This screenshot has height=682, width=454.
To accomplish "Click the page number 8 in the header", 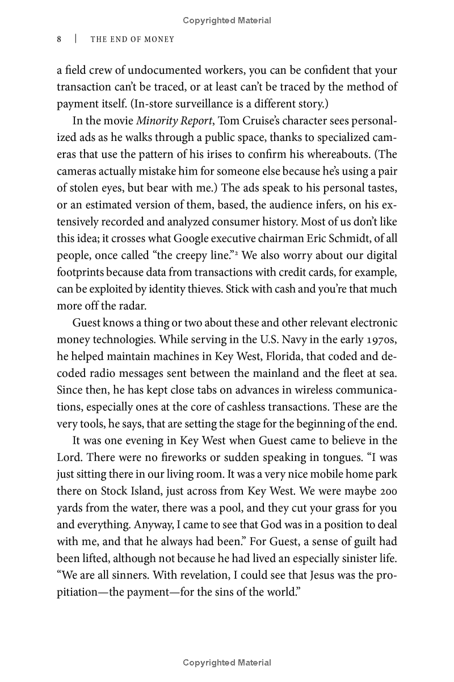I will click(x=59, y=39).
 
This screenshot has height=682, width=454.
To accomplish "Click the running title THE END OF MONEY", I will click(x=132, y=39).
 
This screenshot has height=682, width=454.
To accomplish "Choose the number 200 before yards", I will click(x=387, y=492).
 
